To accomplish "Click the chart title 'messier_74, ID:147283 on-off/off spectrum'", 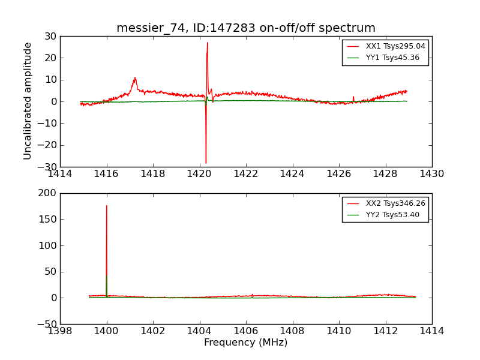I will click(246, 28).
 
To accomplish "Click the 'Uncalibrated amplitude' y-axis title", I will click(28, 101).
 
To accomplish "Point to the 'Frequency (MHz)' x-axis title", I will click(246, 343).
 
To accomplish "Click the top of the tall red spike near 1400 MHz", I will click(107, 206).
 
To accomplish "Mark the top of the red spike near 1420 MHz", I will click(208, 43).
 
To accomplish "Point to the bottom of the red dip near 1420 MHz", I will click(206, 163).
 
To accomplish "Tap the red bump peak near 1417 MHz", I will click(135, 78).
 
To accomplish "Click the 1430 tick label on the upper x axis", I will click(432, 174).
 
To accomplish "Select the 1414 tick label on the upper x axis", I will click(60, 174).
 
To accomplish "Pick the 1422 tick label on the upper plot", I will click(246, 174).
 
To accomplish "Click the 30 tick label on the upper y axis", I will click(50, 37).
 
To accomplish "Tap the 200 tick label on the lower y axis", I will click(47, 193).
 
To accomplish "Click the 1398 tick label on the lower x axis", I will click(60, 331).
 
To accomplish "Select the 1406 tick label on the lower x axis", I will click(246, 331).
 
